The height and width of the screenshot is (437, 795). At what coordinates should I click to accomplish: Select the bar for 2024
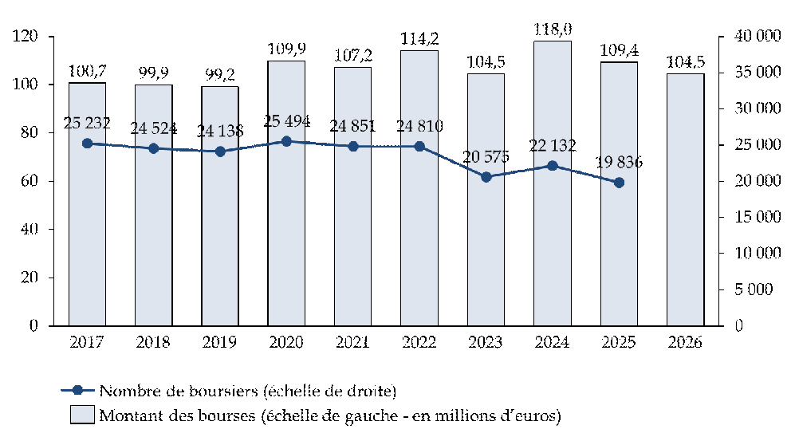click(x=552, y=183)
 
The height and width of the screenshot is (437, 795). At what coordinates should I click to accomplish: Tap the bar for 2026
click(x=685, y=199)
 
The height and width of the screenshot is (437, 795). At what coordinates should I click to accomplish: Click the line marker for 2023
click(x=486, y=177)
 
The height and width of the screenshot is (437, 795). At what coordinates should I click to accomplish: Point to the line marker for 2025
click(x=619, y=183)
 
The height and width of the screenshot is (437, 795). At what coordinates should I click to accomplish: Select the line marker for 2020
click(x=286, y=141)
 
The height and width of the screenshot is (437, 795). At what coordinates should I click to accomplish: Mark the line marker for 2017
click(x=87, y=144)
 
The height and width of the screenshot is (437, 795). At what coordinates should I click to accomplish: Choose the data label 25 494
click(x=286, y=121)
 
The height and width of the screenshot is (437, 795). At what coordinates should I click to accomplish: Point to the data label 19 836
click(x=619, y=163)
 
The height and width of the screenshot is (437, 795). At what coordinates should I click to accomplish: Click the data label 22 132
click(x=552, y=146)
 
